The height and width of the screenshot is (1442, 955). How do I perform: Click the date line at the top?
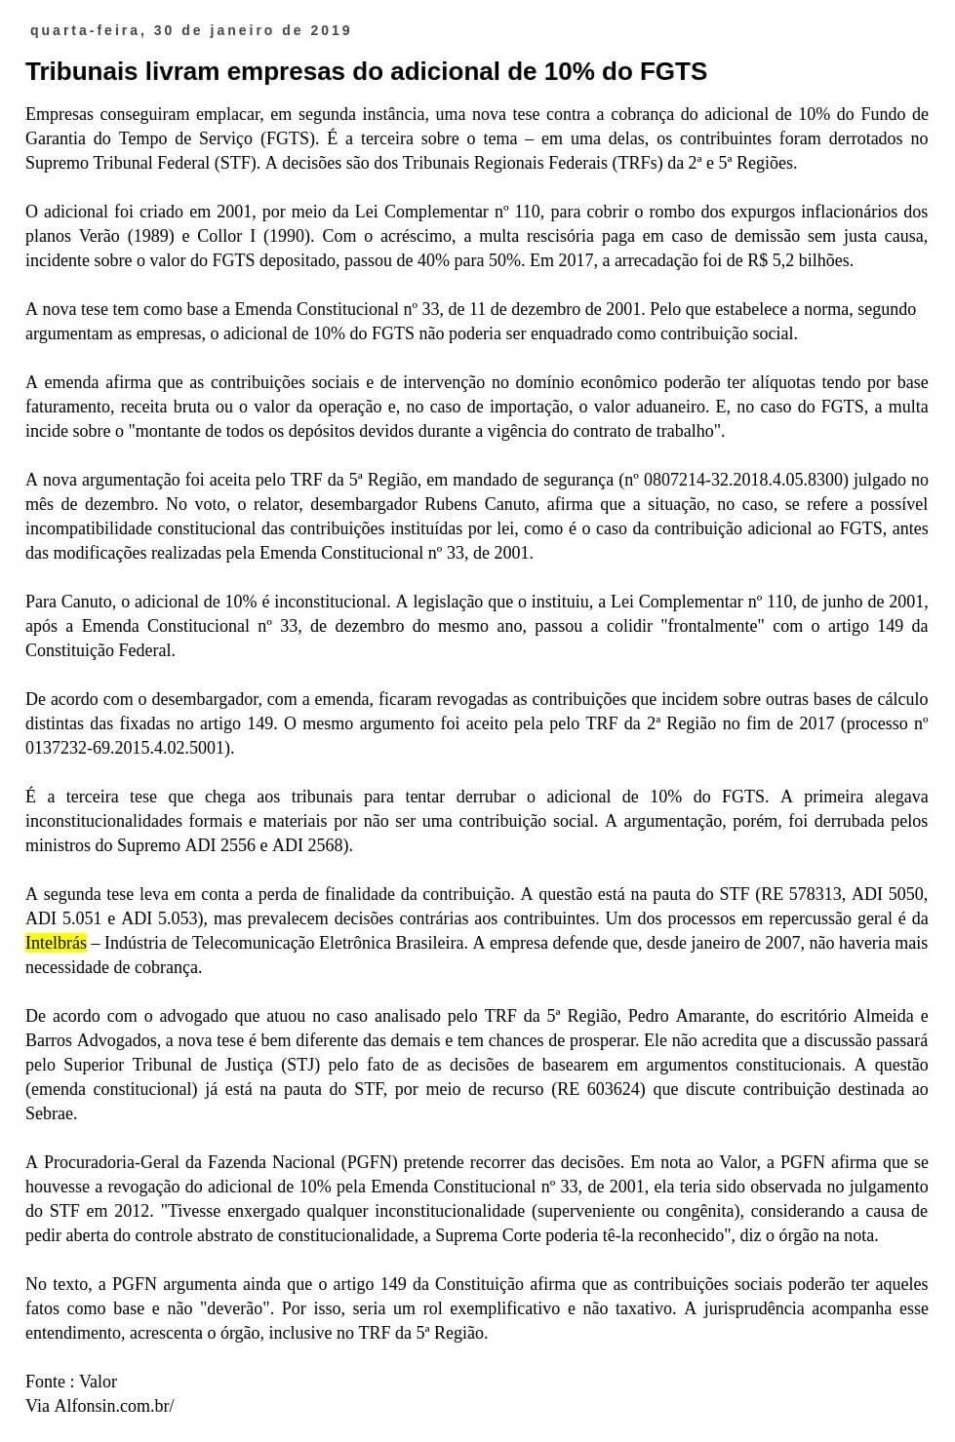click(190, 30)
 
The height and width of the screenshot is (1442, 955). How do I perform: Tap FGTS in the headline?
click(673, 71)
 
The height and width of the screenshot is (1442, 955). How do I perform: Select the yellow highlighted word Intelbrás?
click(56, 943)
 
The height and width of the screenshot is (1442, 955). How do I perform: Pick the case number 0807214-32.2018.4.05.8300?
click(746, 480)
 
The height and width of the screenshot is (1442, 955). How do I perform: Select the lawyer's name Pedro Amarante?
click(716, 1016)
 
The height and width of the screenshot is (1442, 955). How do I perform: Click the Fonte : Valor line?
click(71, 1382)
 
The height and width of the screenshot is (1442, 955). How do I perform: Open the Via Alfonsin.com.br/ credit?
click(99, 1406)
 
